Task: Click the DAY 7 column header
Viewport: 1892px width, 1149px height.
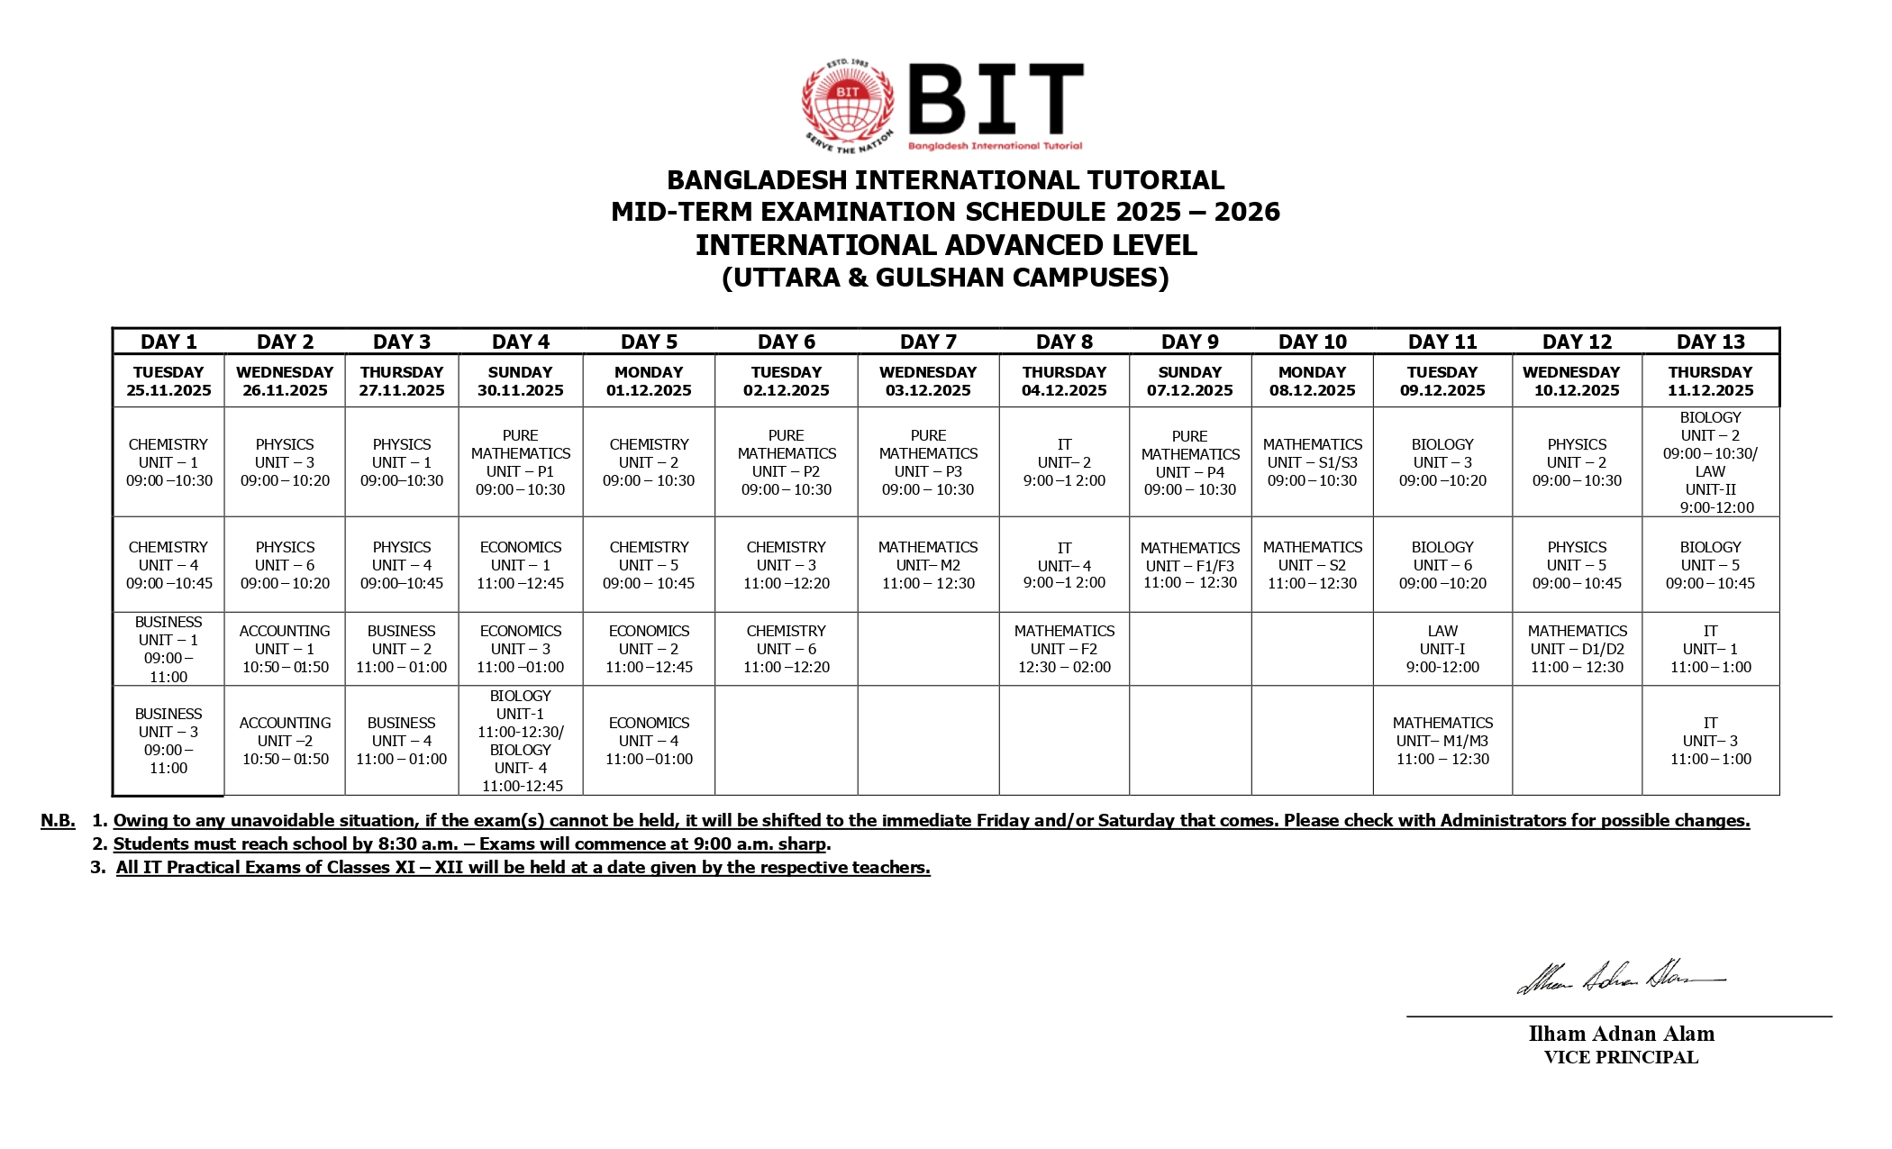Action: click(928, 342)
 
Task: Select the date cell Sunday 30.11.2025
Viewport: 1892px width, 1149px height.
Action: click(520, 381)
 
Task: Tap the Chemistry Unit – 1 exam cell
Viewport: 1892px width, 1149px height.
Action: click(168, 462)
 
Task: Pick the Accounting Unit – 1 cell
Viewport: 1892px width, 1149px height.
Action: click(285, 649)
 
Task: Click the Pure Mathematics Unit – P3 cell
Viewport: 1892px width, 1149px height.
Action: click(928, 462)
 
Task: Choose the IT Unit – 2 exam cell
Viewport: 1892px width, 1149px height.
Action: click(1064, 462)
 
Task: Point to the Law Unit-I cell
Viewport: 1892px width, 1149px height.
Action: click(1442, 649)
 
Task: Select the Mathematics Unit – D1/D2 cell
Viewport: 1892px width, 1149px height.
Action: click(1577, 649)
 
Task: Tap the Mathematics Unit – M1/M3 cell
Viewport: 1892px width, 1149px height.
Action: click(1442, 741)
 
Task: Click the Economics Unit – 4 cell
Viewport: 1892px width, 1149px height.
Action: click(649, 741)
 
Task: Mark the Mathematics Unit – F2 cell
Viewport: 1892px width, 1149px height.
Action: click(1064, 649)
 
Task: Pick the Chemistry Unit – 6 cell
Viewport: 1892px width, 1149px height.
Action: click(786, 649)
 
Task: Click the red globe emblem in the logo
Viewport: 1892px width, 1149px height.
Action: click(848, 105)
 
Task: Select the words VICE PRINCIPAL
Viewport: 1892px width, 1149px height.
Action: click(1621, 1058)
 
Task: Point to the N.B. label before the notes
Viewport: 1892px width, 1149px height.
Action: click(58, 820)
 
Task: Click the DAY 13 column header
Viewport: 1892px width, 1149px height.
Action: click(1710, 342)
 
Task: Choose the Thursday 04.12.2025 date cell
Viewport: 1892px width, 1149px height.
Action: click(1064, 381)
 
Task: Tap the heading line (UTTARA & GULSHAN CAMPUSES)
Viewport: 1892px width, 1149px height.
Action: click(945, 278)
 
